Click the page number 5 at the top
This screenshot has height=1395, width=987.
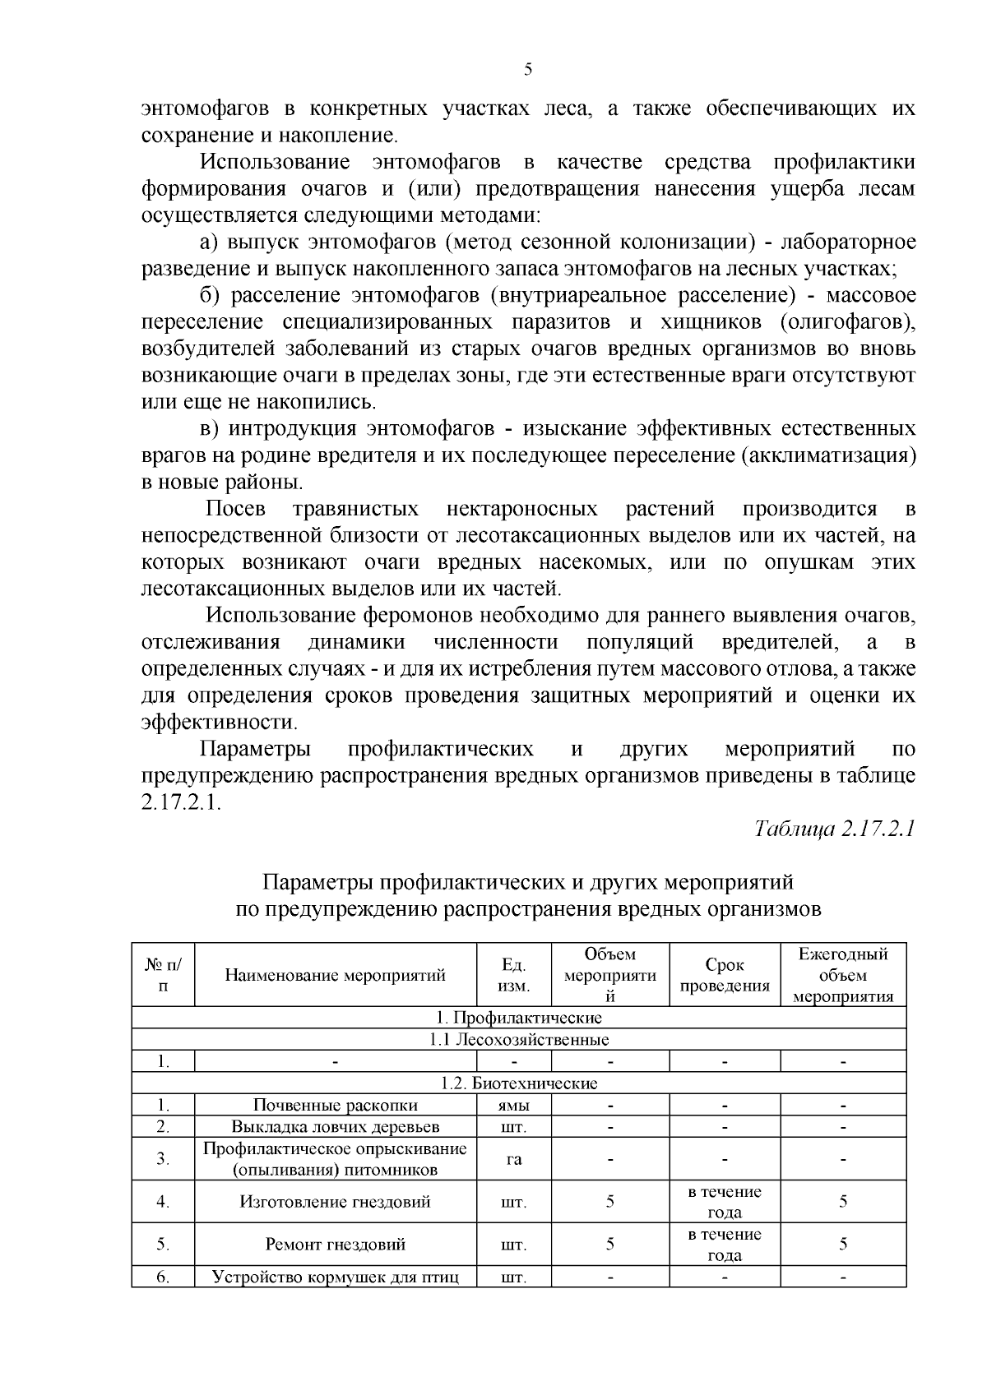point(528,70)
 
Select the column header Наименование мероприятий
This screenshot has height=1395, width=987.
point(336,976)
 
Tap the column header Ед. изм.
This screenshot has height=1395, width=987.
point(514,976)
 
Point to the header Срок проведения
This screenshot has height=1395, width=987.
point(725,976)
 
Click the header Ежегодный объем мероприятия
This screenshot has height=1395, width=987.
point(843,976)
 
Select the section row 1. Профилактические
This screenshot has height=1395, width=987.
point(519,1018)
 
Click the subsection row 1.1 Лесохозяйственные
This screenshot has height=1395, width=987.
point(519,1040)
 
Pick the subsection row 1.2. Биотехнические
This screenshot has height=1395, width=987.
point(519,1083)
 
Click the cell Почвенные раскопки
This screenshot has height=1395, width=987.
point(336,1106)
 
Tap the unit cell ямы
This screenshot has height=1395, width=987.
point(514,1106)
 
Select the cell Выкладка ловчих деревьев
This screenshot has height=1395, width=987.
point(336,1127)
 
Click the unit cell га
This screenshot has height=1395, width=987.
point(514,1159)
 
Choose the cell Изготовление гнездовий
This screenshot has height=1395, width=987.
point(336,1202)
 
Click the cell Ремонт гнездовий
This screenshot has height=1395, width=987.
point(336,1245)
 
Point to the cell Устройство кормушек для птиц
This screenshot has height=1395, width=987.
point(336,1277)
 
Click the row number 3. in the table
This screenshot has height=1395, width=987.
point(163,1159)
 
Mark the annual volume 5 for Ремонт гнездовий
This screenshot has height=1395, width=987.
point(843,1245)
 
